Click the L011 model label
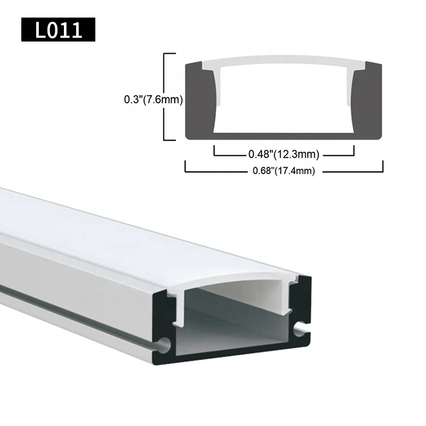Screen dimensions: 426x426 (x=58, y=30)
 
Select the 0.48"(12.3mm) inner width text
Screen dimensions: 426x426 (x=283, y=155)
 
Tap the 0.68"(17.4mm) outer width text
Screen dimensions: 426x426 (x=283, y=171)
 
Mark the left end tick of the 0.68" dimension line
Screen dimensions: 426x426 (x=185, y=166)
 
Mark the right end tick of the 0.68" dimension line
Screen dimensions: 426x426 (x=382, y=166)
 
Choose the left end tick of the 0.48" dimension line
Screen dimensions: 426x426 (x=214, y=151)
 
